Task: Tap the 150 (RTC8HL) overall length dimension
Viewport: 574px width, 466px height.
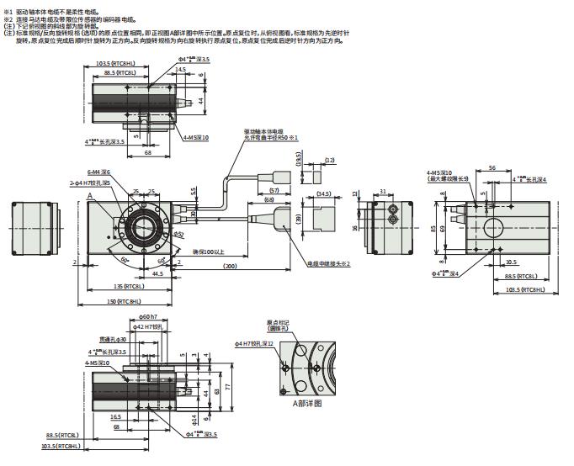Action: click(112, 301)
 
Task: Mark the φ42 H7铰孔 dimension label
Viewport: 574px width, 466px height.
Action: click(149, 326)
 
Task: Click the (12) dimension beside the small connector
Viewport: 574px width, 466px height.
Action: click(329, 160)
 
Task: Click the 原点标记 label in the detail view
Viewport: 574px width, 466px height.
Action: click(277, 323)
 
